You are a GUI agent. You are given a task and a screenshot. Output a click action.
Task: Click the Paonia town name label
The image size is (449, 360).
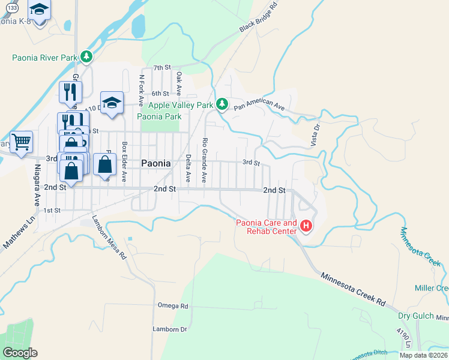click(x=156, y=163)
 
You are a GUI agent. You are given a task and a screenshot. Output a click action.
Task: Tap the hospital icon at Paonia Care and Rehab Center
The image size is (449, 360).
click(x=306, y=226)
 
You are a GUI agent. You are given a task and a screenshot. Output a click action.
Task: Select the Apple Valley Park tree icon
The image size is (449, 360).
click(x=222, y=104)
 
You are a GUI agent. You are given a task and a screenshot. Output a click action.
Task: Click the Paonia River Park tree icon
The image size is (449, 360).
click(x=87, y=57)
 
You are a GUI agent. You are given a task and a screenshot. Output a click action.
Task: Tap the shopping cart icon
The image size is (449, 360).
click(x=22, y=142)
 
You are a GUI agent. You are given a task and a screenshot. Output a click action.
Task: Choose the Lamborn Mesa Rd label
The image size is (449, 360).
click(x=109, y=237)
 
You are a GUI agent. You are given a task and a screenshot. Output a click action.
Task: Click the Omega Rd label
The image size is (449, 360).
click(x=173, y=305)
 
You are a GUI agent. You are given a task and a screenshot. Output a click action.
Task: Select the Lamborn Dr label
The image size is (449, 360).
click(x=170, y=329)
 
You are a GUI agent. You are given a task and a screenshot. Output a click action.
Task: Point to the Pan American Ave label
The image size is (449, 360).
click(x=259, y=105)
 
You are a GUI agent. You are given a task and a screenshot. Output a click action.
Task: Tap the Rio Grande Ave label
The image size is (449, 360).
click(x=205, y=160)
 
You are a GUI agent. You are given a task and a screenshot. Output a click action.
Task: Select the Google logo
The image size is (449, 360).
click(x=20, y=353)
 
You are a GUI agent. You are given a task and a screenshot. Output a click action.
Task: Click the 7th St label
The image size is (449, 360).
click(x=162, y=68)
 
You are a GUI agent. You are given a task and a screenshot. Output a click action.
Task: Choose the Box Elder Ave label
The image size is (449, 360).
click(x=124, y=161)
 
